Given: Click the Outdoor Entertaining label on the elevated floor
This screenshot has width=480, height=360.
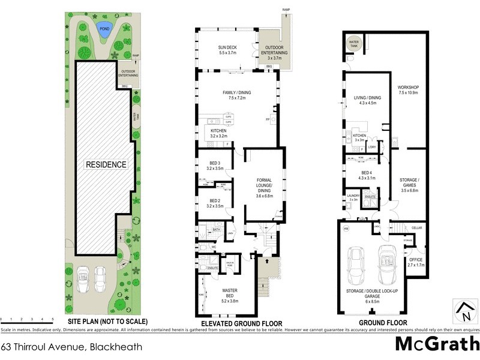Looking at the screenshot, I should [x=274, y=52].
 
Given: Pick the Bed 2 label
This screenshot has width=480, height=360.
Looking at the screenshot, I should [x=215, y=203].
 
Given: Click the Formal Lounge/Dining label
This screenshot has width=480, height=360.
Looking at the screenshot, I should [x=265, y=186].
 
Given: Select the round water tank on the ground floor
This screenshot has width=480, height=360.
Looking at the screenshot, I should [x=354, y=44].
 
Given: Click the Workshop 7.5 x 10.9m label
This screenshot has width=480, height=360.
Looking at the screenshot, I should [x=408, y=91].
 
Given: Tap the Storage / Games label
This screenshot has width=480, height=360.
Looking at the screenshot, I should [x=408, y=182].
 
